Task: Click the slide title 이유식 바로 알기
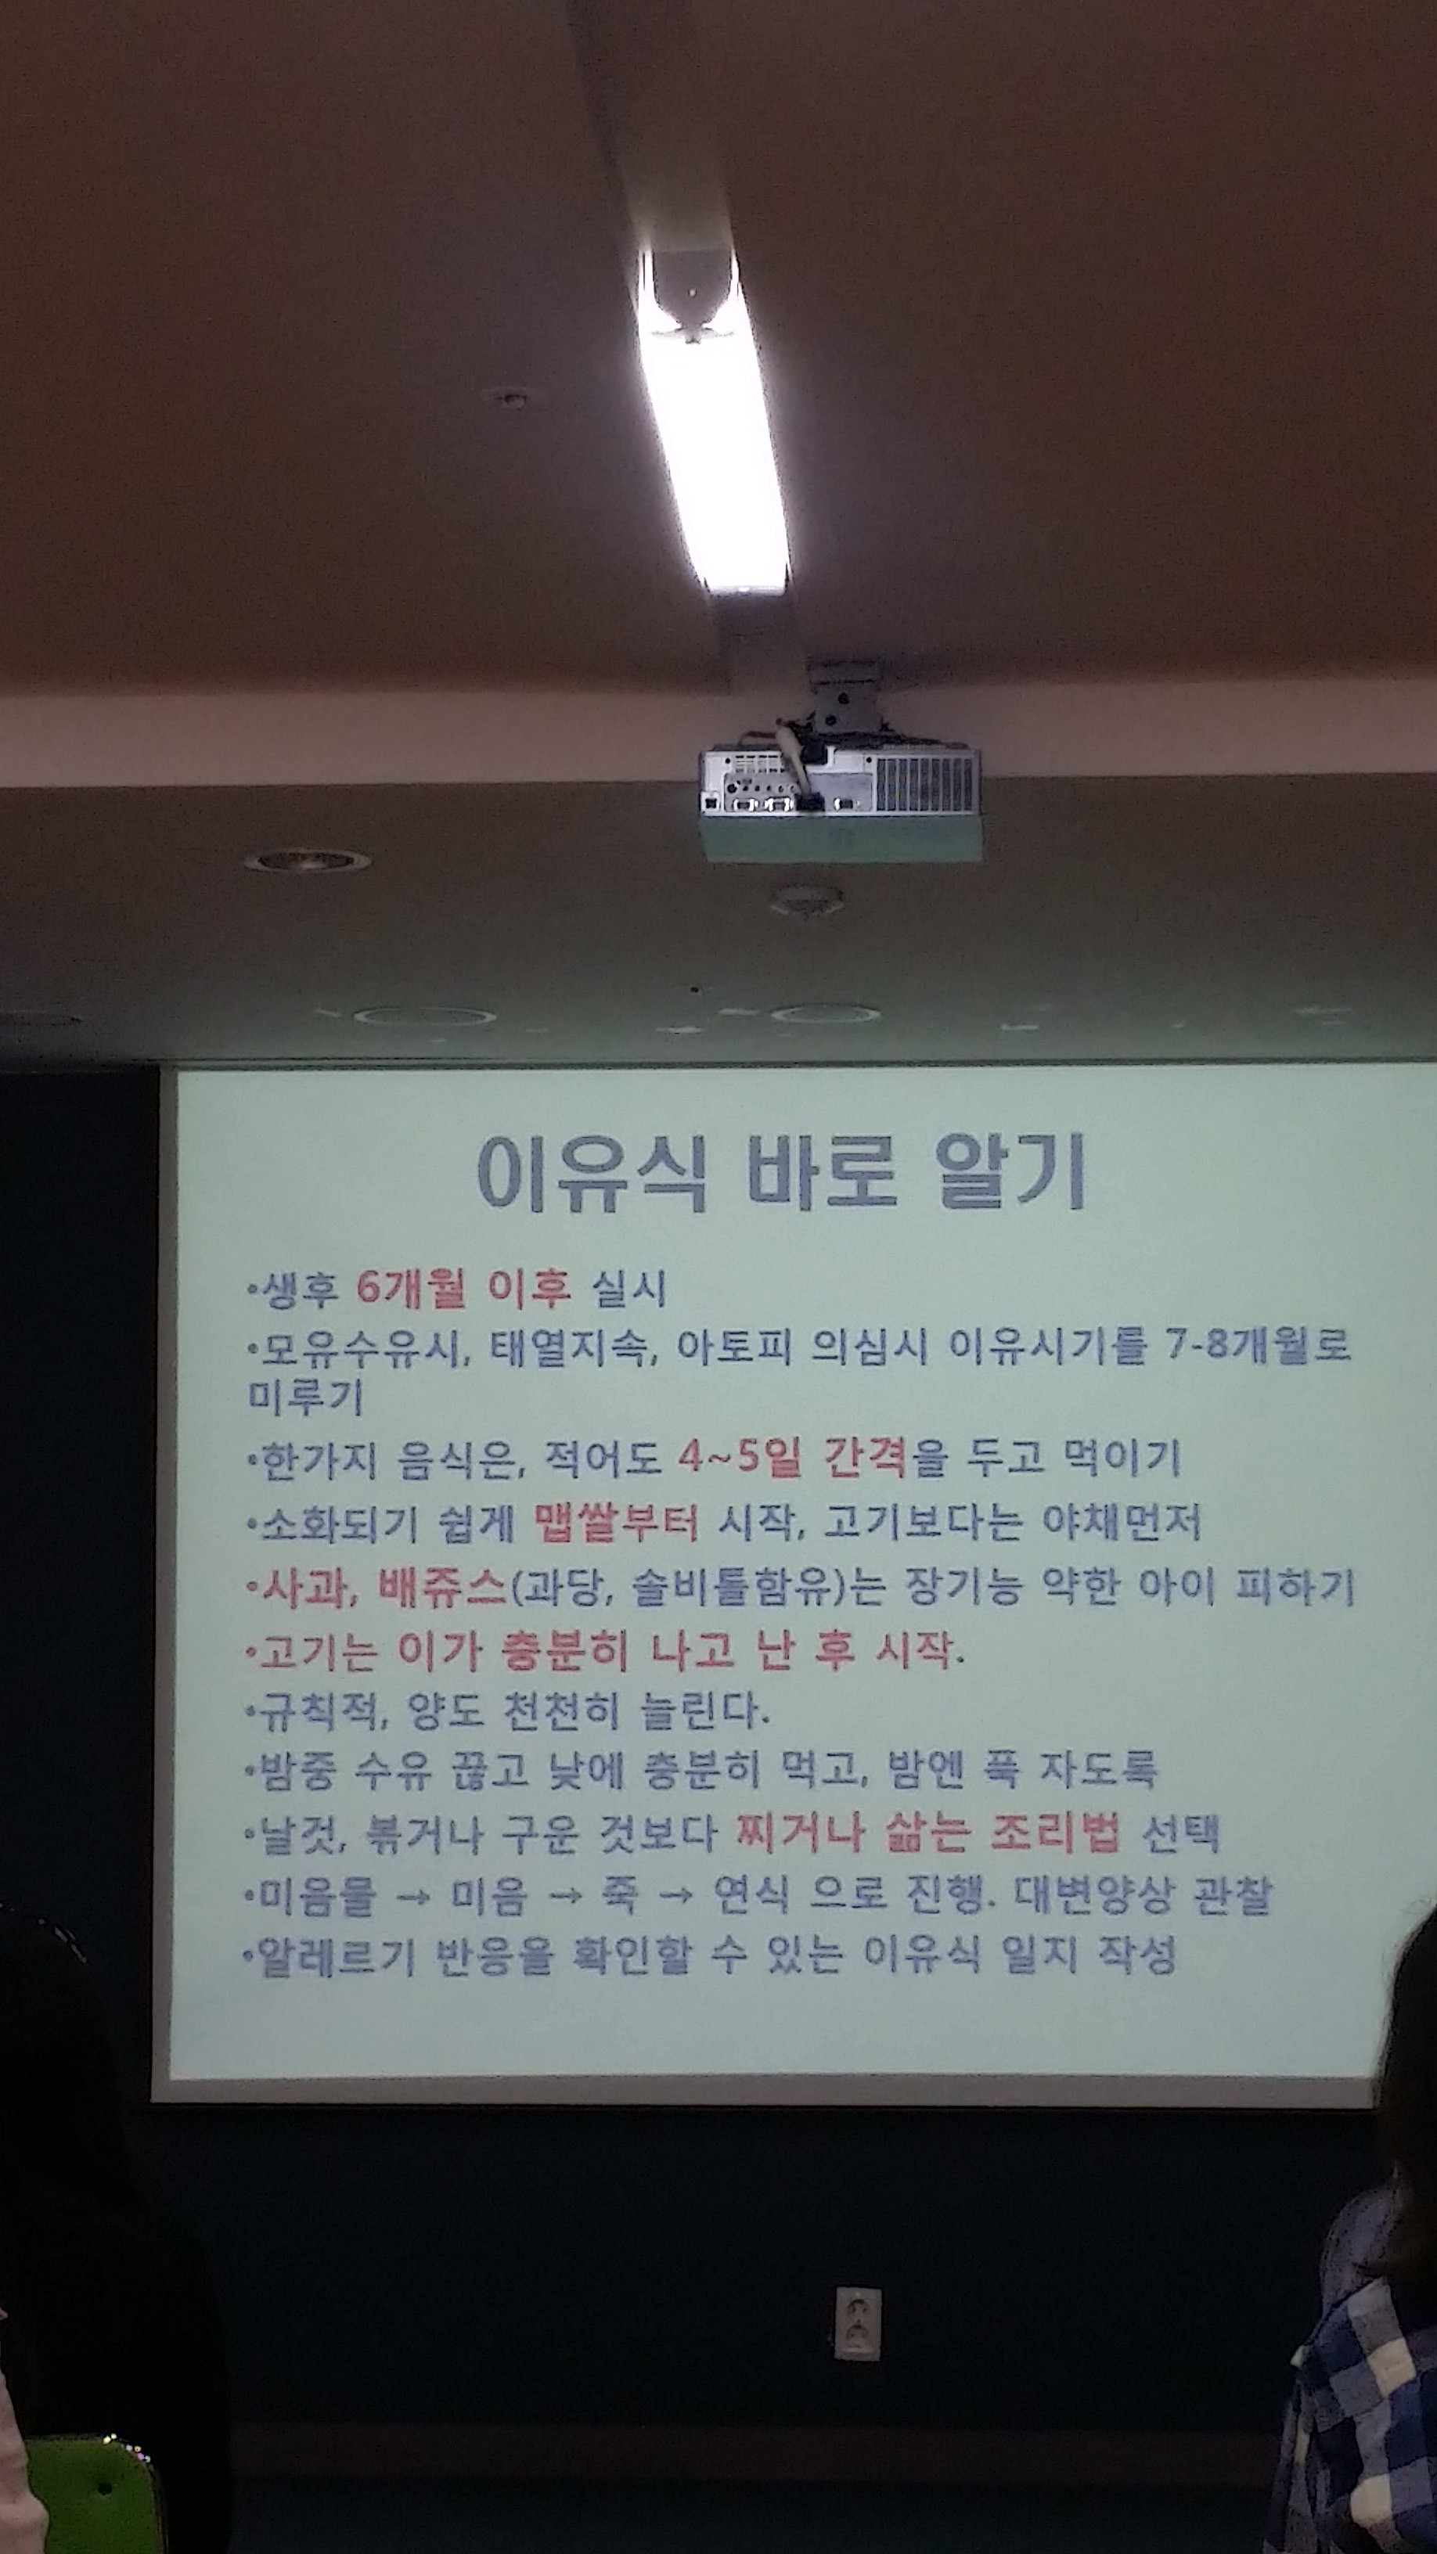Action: [780, 1173]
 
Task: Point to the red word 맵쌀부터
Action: [616, 1522]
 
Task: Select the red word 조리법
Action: [1054, 1833]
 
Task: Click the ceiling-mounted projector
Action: [839, 773]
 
